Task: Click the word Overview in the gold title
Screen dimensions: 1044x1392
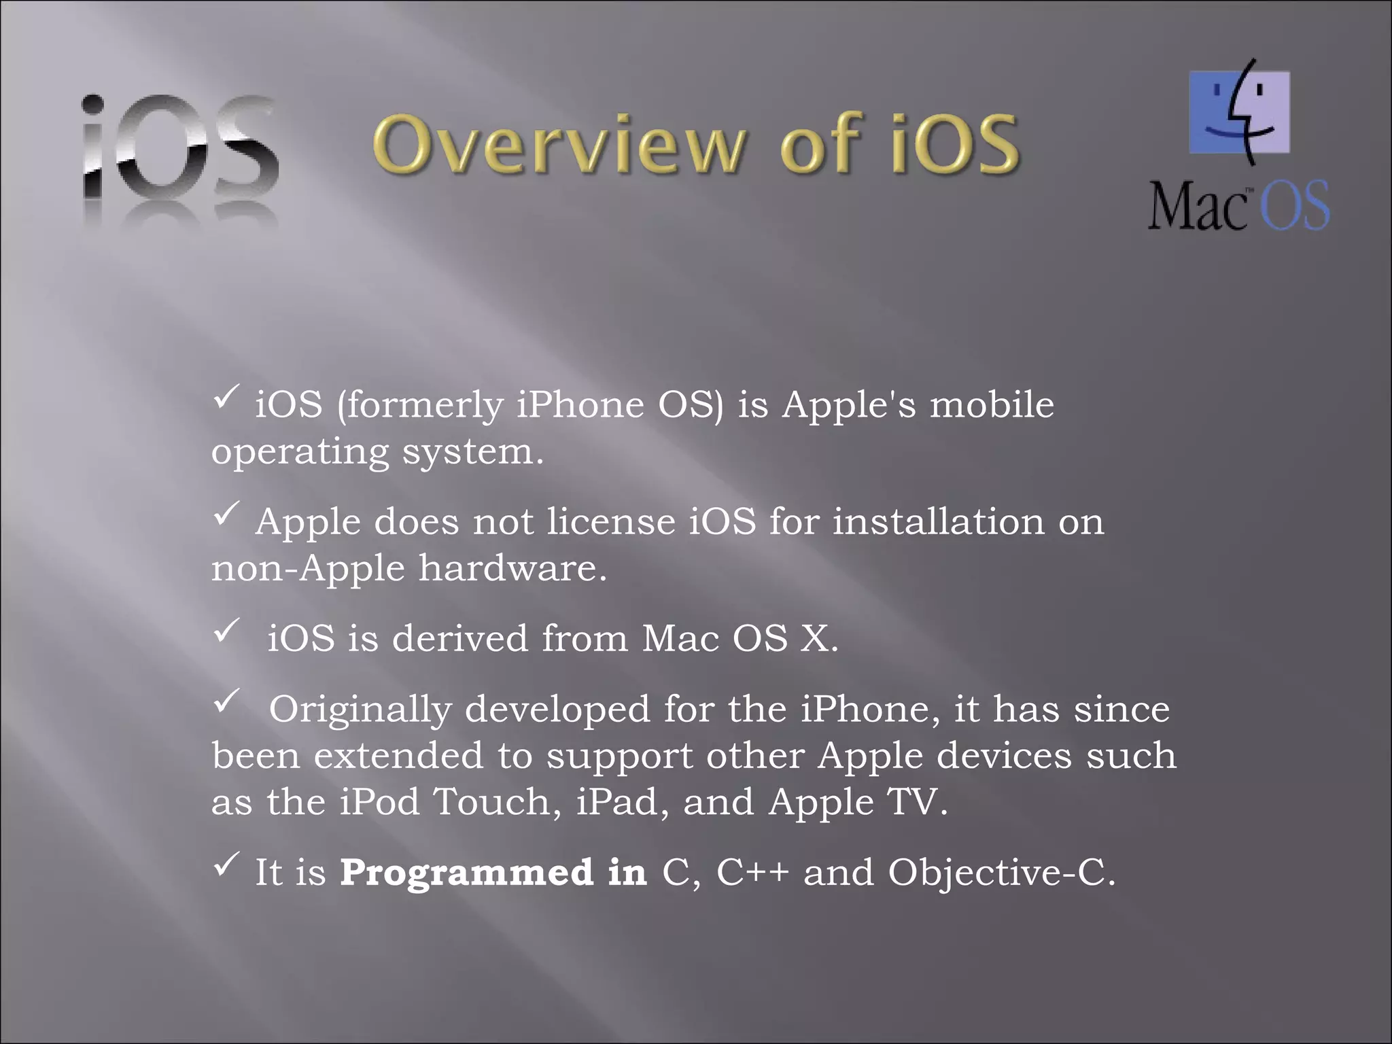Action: [x=557, y=145]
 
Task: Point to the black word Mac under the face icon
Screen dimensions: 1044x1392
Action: [x=1198, y=206]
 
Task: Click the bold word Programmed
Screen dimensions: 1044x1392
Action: [x=466, y=872]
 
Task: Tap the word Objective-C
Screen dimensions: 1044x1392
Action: [x=1001, y=872]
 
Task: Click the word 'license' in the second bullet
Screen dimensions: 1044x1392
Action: [x=611, y=522]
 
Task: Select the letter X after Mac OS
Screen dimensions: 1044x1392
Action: [x=814, y=639]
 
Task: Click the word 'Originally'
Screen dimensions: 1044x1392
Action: [x=360, y=710]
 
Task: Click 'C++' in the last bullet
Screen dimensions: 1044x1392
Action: [x=752, y=872]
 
